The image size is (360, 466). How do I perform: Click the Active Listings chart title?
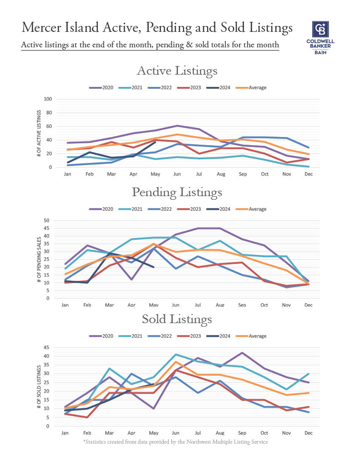coord(177,71)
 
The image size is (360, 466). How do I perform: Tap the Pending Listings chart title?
coord(177,192)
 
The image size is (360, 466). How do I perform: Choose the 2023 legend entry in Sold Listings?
coord(193,336)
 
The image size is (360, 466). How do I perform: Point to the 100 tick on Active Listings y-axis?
coord(47,99)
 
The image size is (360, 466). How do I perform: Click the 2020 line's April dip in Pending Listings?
coord(132,279)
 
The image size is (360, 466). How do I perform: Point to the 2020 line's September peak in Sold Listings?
coord(243,353)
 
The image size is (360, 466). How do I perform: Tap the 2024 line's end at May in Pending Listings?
coord(154,267)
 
